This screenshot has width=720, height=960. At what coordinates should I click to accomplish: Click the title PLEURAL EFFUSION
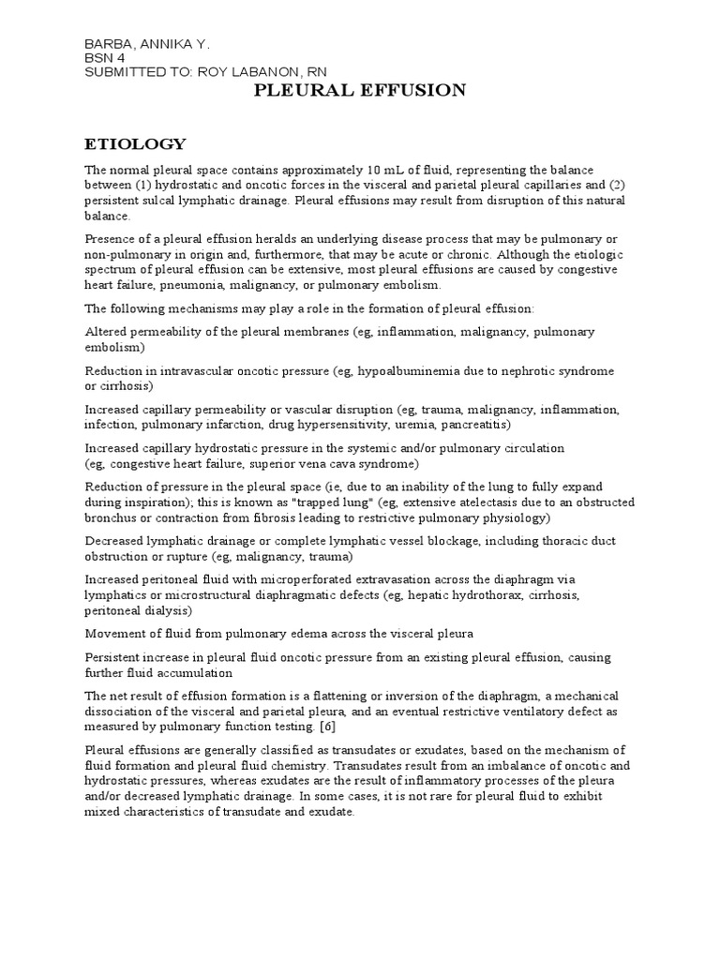click(361, 90)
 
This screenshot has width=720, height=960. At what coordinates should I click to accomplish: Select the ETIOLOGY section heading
click(135, 143)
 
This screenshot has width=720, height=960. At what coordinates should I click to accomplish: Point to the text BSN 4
click(104, 58)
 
